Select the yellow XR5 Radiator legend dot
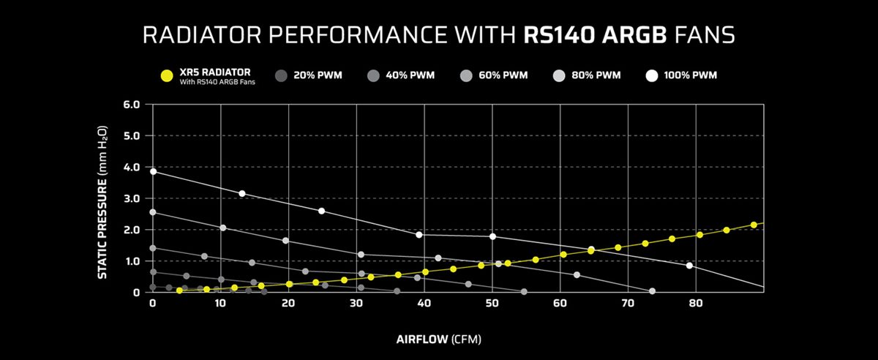tap(167, 75)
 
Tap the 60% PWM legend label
tap(505, 75)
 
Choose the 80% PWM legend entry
tap(598, 75)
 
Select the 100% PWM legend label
tap(692, 75)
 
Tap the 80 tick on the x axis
tap(695, 302)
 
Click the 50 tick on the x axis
tap(492, 302)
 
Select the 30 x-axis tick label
tap(356, 302)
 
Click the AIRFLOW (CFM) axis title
tap(439, 340)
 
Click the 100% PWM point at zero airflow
tap(153, 171)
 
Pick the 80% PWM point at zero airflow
tap(153, 212)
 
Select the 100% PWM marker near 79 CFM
tap(689, 266)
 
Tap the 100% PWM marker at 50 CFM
tap(492, 236)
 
